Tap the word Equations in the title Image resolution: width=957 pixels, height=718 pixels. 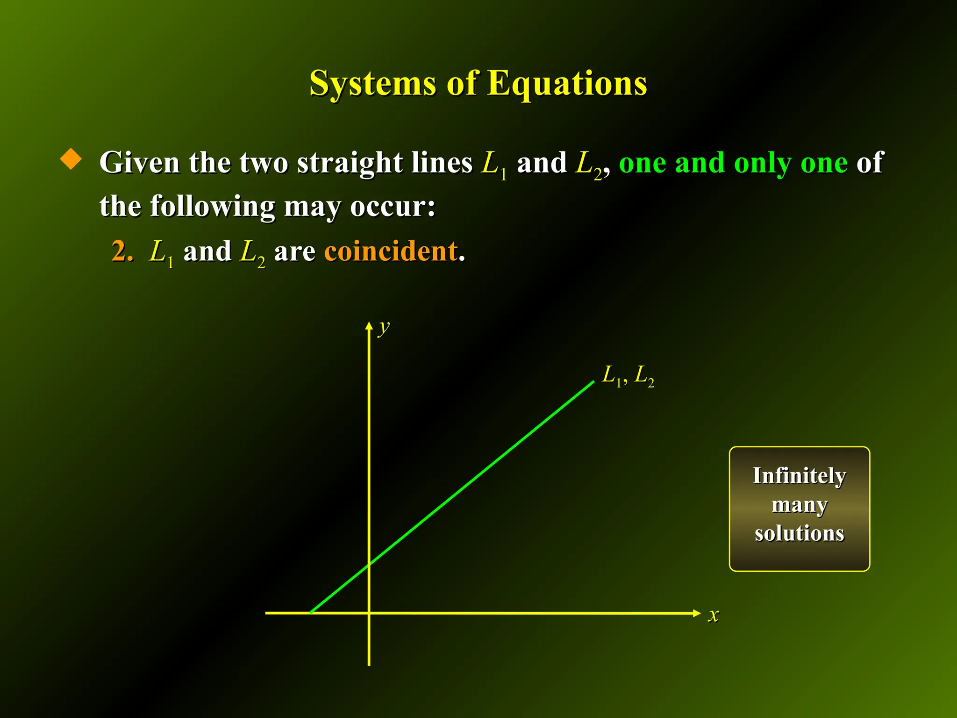point(567,83)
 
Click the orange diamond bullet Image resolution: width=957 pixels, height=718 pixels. point(71,159)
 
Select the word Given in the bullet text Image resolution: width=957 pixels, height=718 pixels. point(140,163)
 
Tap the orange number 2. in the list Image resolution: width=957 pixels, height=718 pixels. point(122,251)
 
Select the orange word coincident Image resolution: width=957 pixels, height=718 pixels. point(391,251)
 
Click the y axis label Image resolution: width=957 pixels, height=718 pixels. point(384,328)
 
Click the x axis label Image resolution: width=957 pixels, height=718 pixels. point(713,615)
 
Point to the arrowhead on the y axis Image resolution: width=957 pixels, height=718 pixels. point(369,326)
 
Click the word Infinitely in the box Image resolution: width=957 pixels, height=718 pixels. point(799,476)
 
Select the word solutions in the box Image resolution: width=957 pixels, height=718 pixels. point(799,533)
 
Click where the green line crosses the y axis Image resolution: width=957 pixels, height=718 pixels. point(369,565)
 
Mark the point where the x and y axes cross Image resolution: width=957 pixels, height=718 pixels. point(369,613)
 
